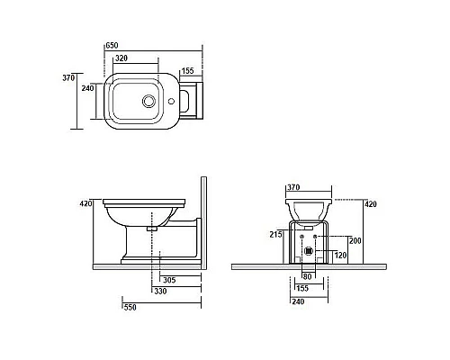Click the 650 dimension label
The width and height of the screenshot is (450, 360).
coord(112,46)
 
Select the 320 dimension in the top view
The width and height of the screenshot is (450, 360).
coord(121,58)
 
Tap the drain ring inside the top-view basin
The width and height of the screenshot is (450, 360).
coord(148,101)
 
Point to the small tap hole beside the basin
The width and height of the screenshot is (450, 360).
coord(171,101)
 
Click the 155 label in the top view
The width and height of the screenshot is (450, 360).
coord(188,71)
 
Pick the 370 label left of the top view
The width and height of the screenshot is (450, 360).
coord(68,78)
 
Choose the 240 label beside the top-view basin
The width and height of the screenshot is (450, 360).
coord(87,88)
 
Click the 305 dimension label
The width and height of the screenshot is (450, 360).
coord(169,280)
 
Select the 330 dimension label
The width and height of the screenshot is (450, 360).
coord(160,291)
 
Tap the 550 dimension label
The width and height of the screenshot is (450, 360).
coord(130,307)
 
